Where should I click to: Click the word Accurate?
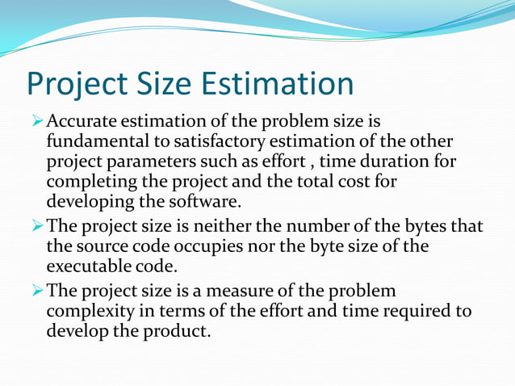82,122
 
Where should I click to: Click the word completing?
90,181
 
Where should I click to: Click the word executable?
88,266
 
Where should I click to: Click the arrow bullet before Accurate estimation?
37,122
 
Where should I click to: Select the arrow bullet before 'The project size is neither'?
37,227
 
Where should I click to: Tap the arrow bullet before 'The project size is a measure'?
37,292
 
